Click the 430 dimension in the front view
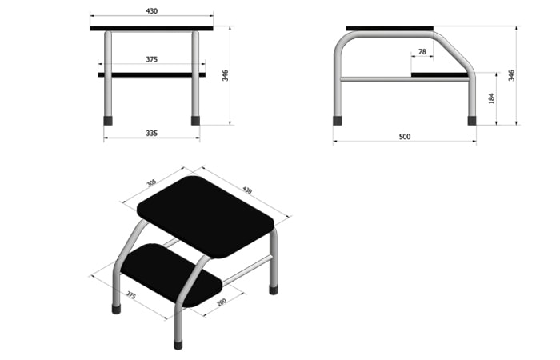click(x=151, y=11)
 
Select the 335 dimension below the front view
click(x=151, y=134)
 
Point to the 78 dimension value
click(x=422, y=52)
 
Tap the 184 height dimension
click(x=491, y=98)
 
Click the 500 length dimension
click(x=405, y=137)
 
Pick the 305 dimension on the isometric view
click(x=151, y=183)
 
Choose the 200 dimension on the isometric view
click(x=222, y=302)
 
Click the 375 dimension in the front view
click(x=151, y=59)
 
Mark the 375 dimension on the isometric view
click(x=131, y=295)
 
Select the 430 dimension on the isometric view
click(x=247, y=190)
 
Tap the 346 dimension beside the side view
click(x=511, y=75)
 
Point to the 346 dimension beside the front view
click(x=225, y=75)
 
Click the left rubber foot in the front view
click(x=108, y=121)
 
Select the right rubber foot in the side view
click(x=472, y=121)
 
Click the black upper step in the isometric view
click(x=206, y=217)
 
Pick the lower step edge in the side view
click(x=440, y=74)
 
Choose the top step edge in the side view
click(x=390, y=28)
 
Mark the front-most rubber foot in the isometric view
click(x=178, y=345)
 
